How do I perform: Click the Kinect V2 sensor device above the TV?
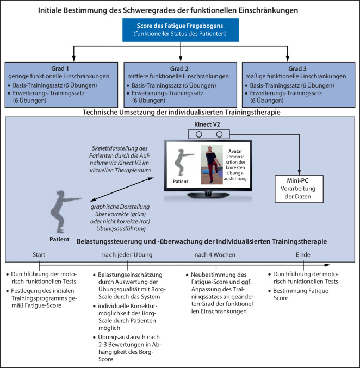coord(209,134)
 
